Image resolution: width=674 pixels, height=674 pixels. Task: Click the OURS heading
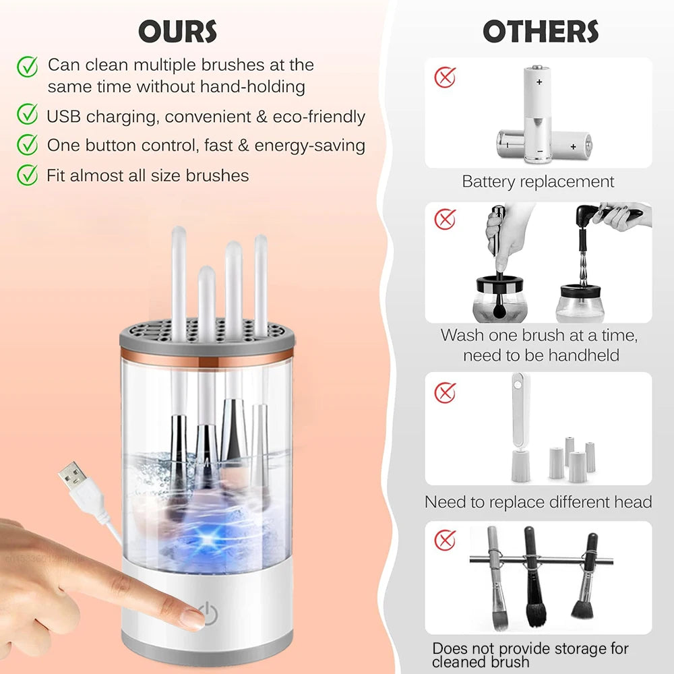(x=178, y=32)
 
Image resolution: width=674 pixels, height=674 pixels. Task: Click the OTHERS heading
(x=541, y=32)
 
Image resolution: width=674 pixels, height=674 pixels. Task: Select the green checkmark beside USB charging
(x=27, y=115)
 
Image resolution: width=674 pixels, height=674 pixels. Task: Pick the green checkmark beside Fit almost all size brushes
(x=27, y=175)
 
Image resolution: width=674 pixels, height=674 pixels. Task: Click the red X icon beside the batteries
(x=445, y=77)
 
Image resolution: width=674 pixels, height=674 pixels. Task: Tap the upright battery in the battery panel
(x=539, y=111)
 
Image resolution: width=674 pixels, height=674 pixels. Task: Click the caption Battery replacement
(x=538, y=181)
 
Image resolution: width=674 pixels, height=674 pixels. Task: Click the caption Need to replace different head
(x=538, y=502)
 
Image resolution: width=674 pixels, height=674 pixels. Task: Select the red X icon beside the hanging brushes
(x=445, y=540)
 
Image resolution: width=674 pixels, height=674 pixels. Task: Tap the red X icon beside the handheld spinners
(x=445, y=219)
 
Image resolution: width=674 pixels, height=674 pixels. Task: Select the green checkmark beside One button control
(x=27, y=144)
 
